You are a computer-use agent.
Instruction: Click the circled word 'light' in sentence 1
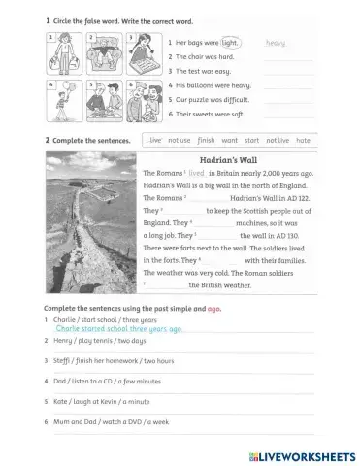(x=229, y=43)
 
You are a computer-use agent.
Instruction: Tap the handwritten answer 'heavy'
(x=276, y=43)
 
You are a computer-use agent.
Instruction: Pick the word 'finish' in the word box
(x=206, y=141)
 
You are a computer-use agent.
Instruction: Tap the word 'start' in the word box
(x=251, y=141)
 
